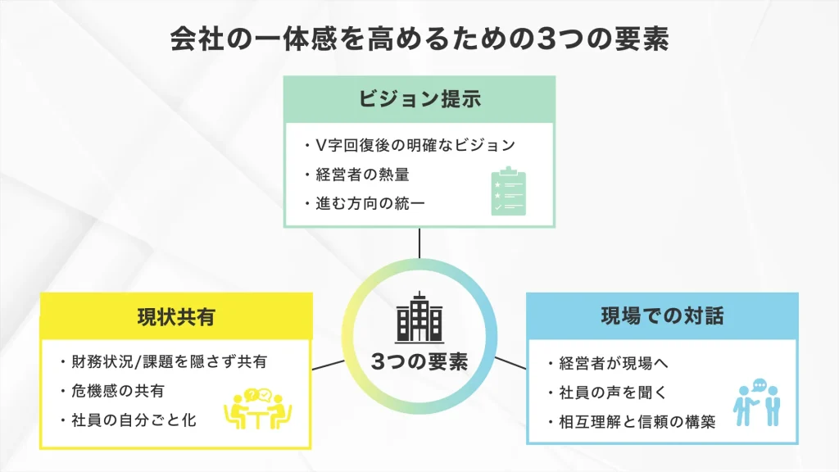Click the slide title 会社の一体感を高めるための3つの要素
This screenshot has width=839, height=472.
coord(419,39)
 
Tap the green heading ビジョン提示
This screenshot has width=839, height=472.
coord(419,99)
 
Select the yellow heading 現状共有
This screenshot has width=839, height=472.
coord(175,316)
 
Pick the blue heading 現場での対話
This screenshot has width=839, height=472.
coord(662,315)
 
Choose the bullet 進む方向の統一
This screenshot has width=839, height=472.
coord(364,202)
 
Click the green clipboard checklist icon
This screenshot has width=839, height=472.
coord(508,191)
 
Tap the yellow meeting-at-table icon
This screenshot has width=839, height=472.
coord(258,408)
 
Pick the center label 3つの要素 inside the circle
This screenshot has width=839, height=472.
coord(419,361)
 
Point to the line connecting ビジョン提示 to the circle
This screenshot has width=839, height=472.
coord(419,243)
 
